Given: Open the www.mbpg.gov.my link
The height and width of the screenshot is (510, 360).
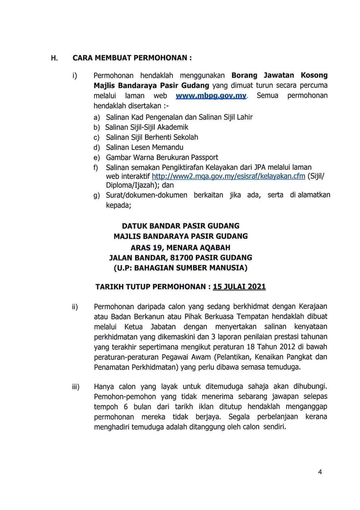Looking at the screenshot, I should tap(211, 96).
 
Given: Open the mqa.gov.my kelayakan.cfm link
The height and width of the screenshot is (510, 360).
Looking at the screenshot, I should tap(228, 176).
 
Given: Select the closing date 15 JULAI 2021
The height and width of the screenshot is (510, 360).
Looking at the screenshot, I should tap(239, 287).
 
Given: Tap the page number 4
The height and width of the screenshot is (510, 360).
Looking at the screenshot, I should tap(320, 471).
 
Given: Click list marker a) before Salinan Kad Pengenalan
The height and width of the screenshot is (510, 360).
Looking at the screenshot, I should tap(97, 117).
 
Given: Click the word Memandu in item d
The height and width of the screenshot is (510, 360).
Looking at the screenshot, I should tap(168, 147).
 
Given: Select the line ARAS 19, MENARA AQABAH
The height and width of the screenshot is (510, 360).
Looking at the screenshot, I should tap(180, 247).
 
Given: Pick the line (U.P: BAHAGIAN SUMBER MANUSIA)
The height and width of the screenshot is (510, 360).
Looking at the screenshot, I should tap(180, 268).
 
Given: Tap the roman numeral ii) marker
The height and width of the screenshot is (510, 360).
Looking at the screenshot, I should tap(75, 307).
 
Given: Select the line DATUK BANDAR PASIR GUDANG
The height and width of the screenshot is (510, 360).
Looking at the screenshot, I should tap(180, 226).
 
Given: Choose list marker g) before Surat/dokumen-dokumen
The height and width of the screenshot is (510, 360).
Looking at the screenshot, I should tap(97, 195).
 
